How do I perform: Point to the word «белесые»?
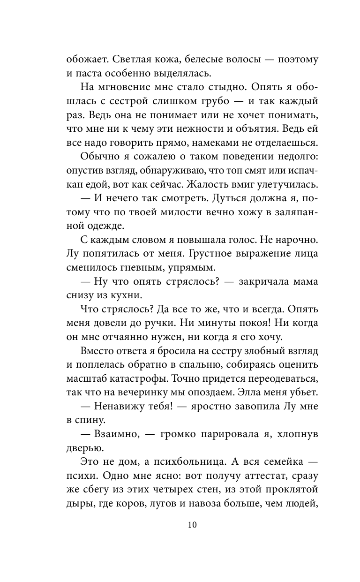204,60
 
